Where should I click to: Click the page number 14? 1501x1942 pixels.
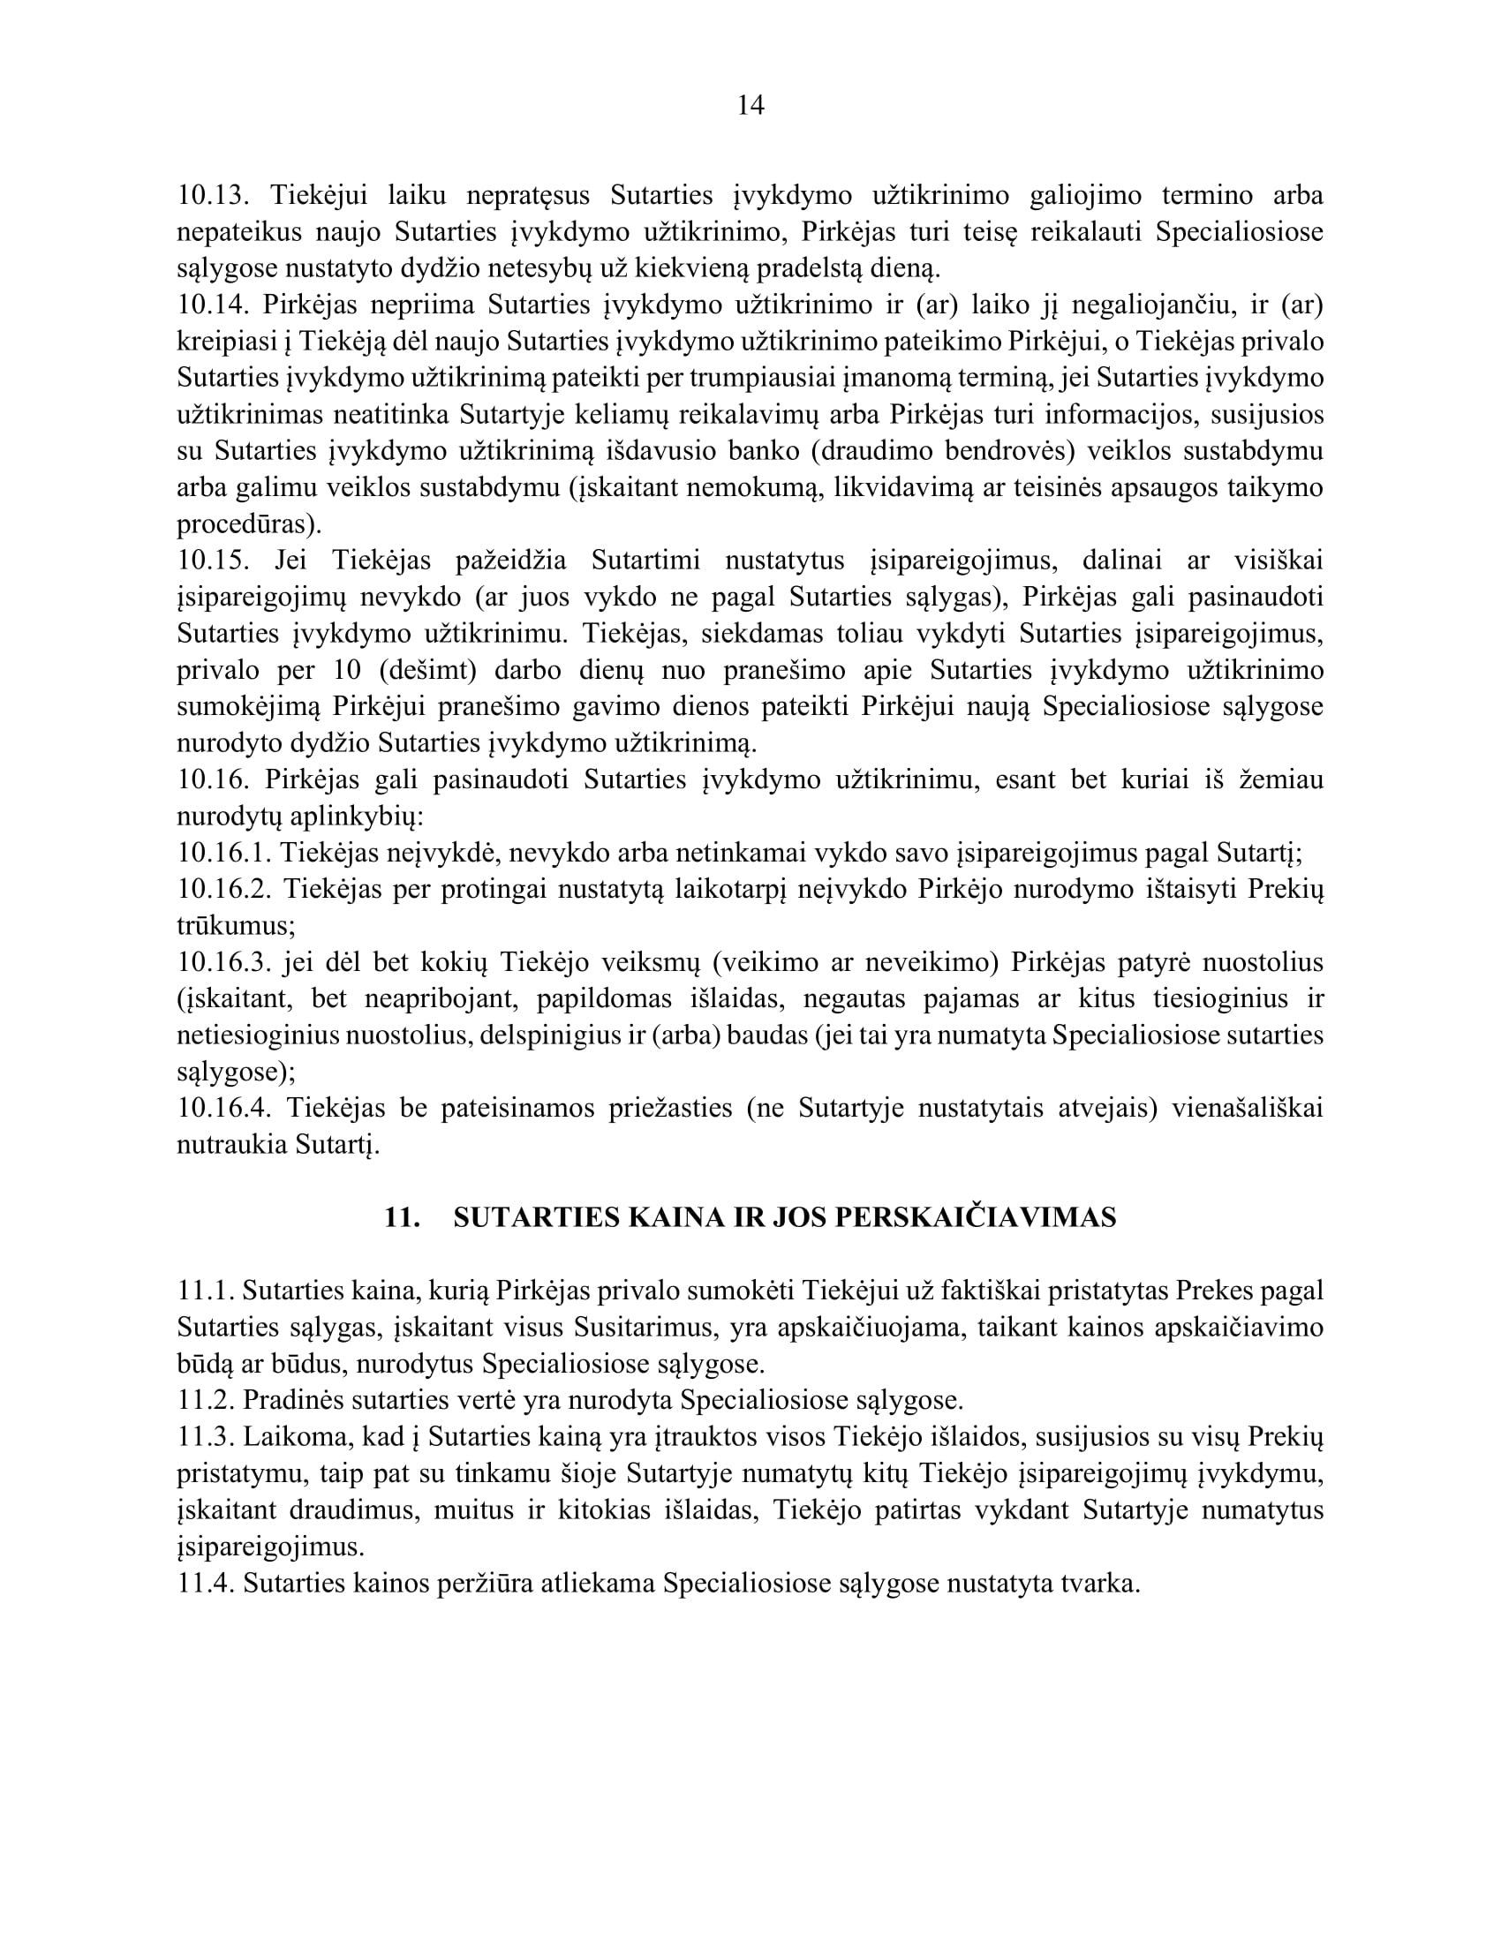[x=750, y=106]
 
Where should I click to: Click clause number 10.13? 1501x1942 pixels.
[x=212, y=195]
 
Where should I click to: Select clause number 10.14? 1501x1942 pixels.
[x=212, y=305]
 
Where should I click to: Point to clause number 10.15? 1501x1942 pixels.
[x=212, y=561]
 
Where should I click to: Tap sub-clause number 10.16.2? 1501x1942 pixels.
[x=224, y=889]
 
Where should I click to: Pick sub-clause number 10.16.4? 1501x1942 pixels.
[x=224, y=1108]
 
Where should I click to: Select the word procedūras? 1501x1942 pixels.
[x=245, y=524]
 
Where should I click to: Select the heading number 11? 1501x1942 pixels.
[x=402, y=1217]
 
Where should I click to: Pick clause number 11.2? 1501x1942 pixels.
[x=206, y=1400]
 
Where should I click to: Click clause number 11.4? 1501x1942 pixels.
[x=206, y=1584]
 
